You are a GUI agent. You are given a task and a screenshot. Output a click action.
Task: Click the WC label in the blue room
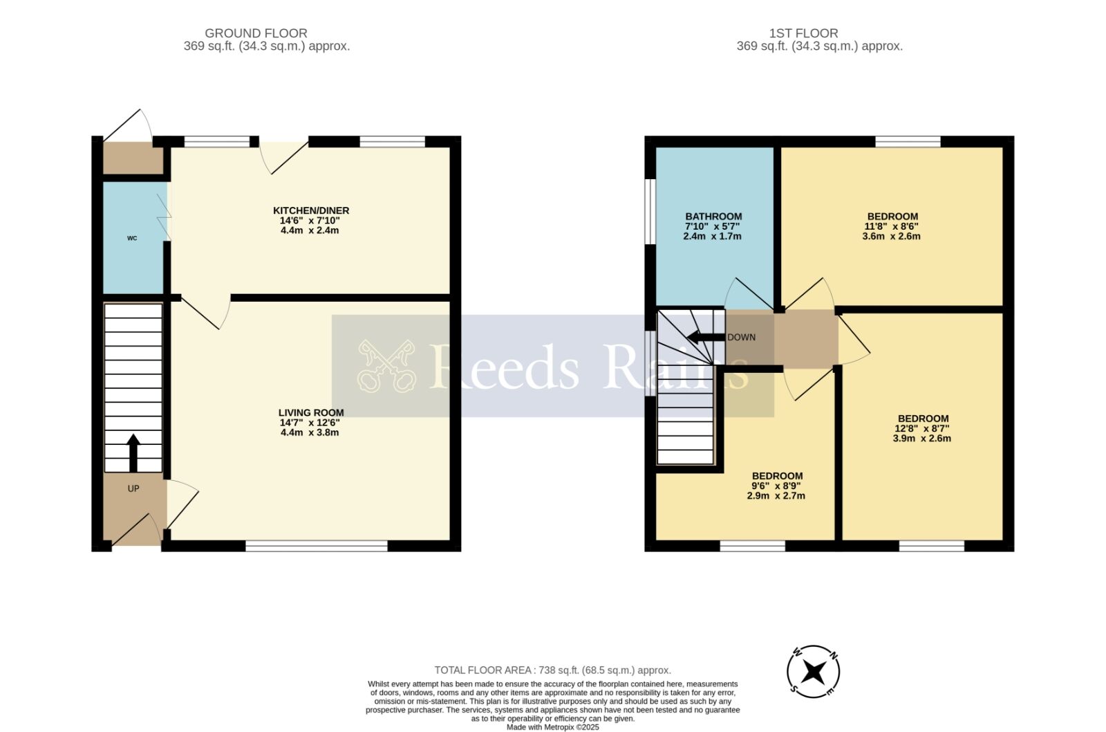(132, 238)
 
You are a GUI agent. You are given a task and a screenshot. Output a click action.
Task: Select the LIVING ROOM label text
(311, 413)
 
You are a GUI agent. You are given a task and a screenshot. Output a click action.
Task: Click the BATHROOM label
(713, 217)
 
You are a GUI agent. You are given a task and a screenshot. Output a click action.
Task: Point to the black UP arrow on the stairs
(133, 452)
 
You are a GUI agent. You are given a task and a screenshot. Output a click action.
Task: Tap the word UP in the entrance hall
(133, 488)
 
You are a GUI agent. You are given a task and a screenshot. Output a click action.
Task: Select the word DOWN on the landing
(742, 338)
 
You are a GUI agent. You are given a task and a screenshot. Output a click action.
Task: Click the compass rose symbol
(813, 672)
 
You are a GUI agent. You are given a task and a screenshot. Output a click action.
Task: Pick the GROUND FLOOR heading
(256, 33)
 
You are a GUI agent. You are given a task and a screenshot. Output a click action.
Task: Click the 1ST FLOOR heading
(803, 33)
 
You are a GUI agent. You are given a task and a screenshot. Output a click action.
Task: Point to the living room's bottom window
(317, 546)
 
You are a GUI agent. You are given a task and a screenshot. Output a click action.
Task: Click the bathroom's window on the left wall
(650, 211)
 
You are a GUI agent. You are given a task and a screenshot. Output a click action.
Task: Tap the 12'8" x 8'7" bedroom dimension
(922, 428)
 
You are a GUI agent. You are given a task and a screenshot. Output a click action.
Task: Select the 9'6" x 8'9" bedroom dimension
(777, 486)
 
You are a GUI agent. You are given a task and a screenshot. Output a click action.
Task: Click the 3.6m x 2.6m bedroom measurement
(891, 236)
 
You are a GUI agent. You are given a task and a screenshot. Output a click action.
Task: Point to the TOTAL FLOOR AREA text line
(552, 670)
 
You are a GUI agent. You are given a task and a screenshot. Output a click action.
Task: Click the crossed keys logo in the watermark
(386, 366)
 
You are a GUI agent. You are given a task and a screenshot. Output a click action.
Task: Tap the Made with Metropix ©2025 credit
(552, 727)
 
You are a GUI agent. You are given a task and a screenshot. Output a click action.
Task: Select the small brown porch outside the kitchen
(133, 158)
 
